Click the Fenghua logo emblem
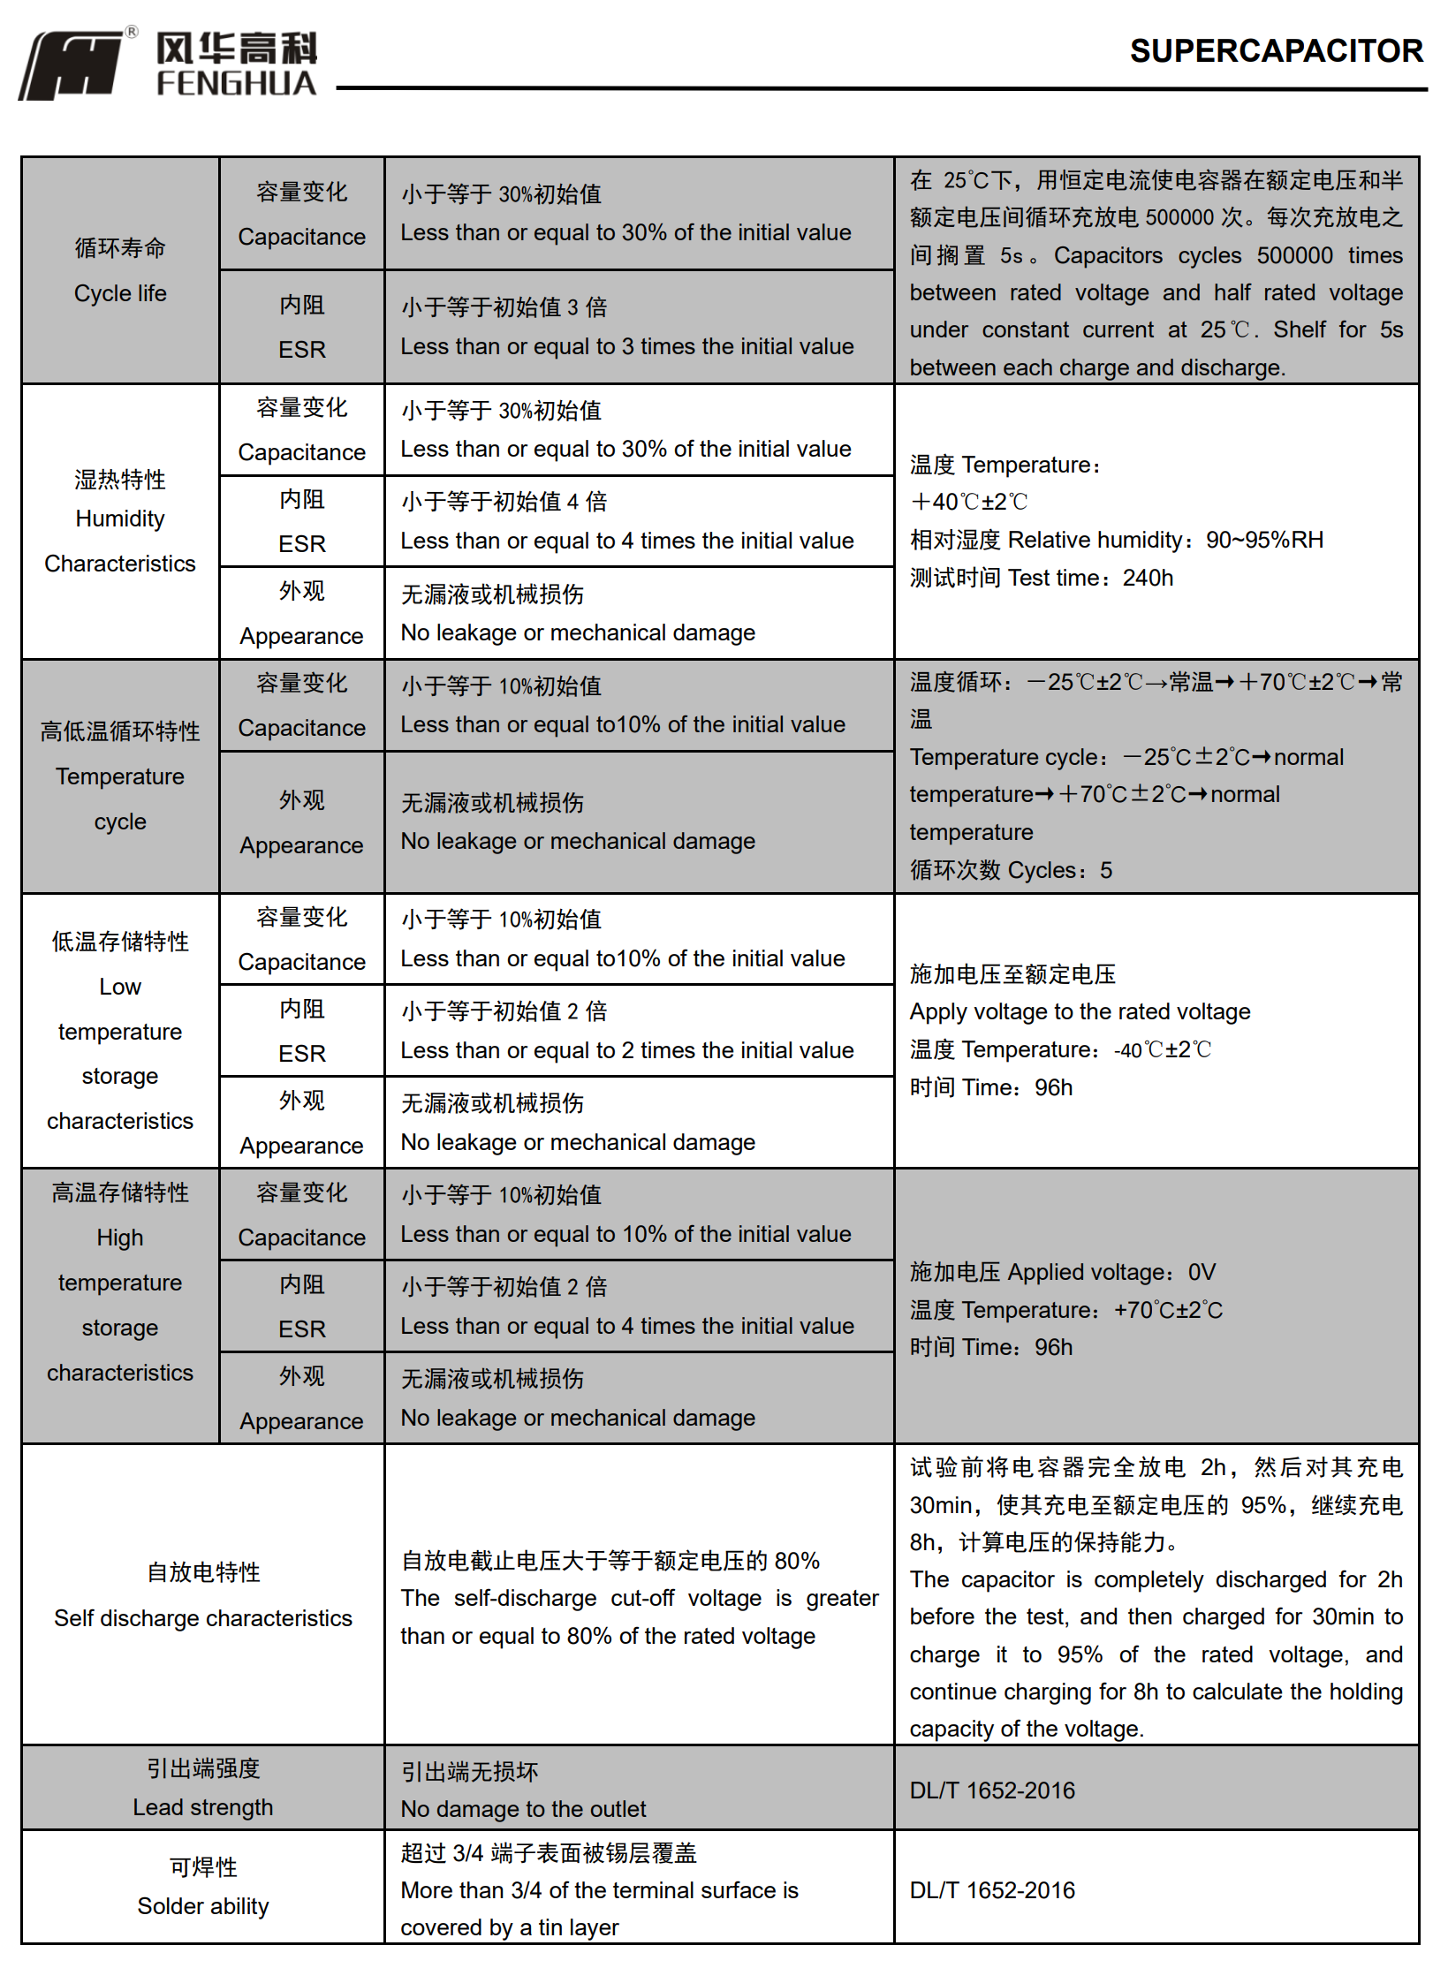tap(72, 65)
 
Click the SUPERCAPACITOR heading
tap(1276, 51)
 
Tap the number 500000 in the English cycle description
tap(1294, 256)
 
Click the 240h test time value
tap(1148, 578)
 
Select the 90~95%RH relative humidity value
tap(1264, 540)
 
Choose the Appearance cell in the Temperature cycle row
tap(301, 822)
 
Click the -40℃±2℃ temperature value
tap(1162, 1050)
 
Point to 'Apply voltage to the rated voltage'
tap(1080, 1011)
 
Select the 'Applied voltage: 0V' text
tap(1111, 1272)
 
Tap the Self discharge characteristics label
tap(203, 1618)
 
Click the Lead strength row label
tap(203, 1807)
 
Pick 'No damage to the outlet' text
tap(523, 1809)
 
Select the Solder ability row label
tap(203, 1906)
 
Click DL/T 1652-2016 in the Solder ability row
tap(992, 1890)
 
